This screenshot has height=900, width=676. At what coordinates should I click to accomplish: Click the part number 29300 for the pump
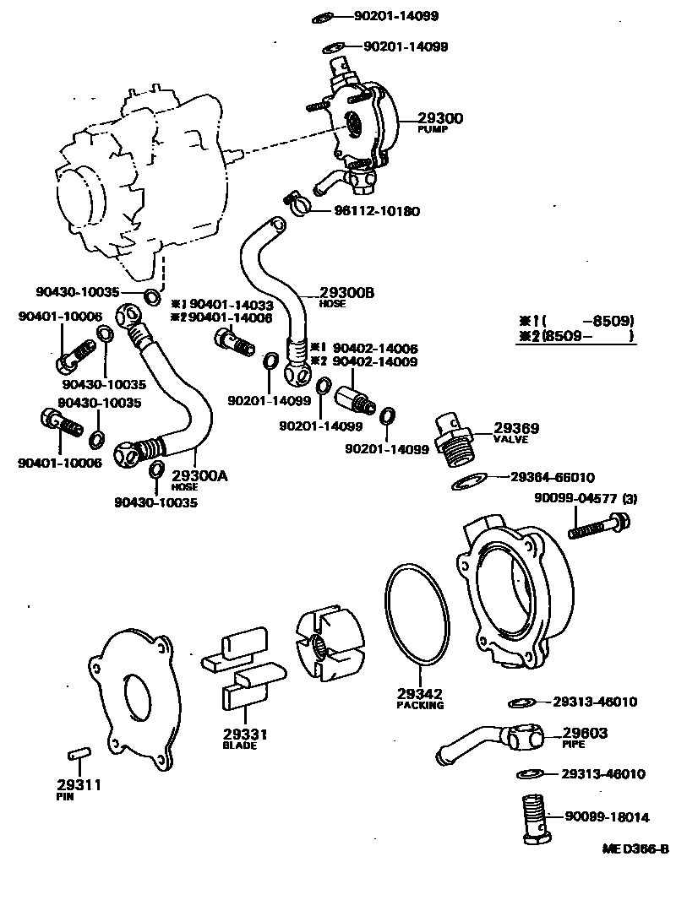pos(439,119)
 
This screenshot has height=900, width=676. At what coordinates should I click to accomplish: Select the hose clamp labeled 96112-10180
pos(295,202)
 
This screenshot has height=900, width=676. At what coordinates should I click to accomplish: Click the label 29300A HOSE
pos(199,480)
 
